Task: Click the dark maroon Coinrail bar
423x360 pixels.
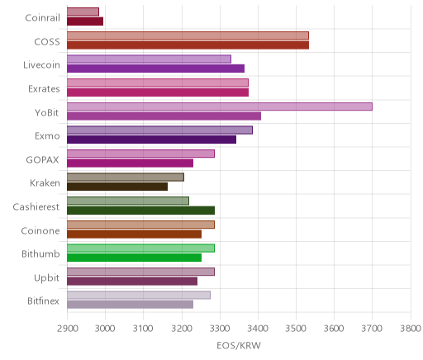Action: [85, 21]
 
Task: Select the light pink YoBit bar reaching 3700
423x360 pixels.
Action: [220, 107]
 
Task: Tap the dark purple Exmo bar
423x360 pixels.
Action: [151, 140]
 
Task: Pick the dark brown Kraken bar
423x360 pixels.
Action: [117, 187]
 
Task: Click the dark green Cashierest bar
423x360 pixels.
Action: [140, 211]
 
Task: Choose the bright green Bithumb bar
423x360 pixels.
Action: [134, 258]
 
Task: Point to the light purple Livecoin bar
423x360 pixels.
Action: [149, 59]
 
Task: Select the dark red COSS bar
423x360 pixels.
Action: [188, 45]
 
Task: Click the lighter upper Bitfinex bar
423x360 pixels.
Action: [139, 295]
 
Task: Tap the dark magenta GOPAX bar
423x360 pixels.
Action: [130, 163]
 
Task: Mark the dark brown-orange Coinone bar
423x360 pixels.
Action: [134, 234]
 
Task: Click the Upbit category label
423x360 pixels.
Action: [46, 277]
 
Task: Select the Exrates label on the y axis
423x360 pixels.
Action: [44, 89]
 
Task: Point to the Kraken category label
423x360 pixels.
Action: [45, 183]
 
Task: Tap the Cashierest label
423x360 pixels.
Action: [36, 206]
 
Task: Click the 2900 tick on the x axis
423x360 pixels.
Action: [67, 329]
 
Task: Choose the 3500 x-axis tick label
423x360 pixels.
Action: [296, 329]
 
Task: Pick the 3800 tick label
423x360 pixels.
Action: [411, 329]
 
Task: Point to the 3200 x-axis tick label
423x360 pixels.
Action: [182, 329]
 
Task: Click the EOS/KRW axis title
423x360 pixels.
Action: [239, 345]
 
